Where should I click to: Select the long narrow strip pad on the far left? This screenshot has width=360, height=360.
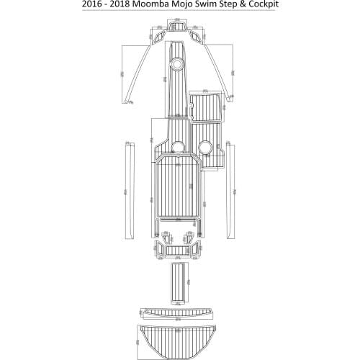[x=130, y=191]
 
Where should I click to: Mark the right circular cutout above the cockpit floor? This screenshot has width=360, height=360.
[x=205, y=148]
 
